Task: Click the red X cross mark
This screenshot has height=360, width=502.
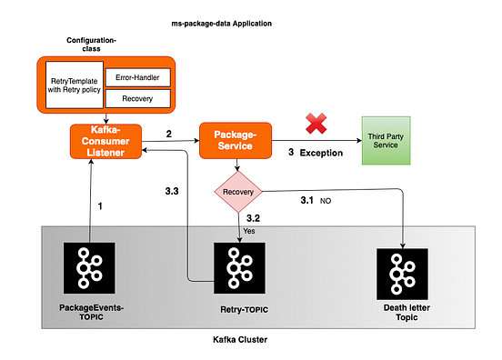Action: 316,124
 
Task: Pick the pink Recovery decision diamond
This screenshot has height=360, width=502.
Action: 237,193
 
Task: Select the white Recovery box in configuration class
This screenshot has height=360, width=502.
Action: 136,98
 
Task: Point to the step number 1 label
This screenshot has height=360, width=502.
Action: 99,206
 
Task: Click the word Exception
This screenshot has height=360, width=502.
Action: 321,154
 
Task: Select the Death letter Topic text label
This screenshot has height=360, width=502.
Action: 401,312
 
